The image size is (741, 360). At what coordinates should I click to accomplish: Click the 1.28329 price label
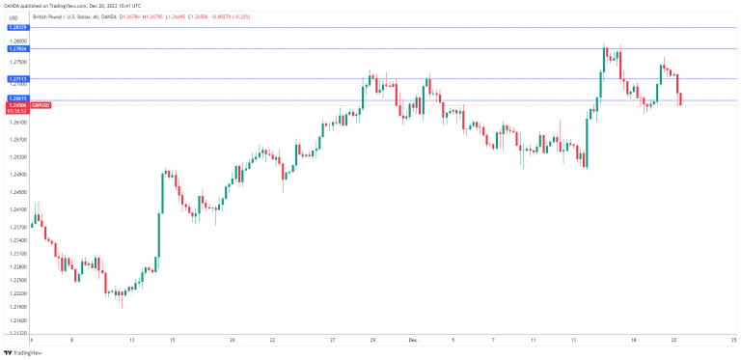click(17, 28)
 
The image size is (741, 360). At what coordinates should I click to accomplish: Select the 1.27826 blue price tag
click(17, 48)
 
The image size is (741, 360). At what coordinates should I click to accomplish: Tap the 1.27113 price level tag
click(17, 78)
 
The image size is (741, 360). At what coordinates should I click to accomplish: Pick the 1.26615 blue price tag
click(17, 99)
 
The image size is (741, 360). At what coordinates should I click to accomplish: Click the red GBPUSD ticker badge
click(41, 104)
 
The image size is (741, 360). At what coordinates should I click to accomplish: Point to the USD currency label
click(14, 18)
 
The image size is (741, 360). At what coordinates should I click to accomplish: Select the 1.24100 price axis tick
click(16, 208)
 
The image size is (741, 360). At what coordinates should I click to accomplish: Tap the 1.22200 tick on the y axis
click(16, 293)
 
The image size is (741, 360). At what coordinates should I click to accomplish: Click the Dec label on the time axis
click(412, 341)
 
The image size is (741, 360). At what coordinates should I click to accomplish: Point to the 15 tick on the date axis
click(172, 341)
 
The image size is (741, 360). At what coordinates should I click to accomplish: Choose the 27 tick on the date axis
click(332, 341)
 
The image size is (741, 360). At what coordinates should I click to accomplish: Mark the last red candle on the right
click(681, 98)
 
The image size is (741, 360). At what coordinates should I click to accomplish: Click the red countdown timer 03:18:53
click(16, 110)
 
